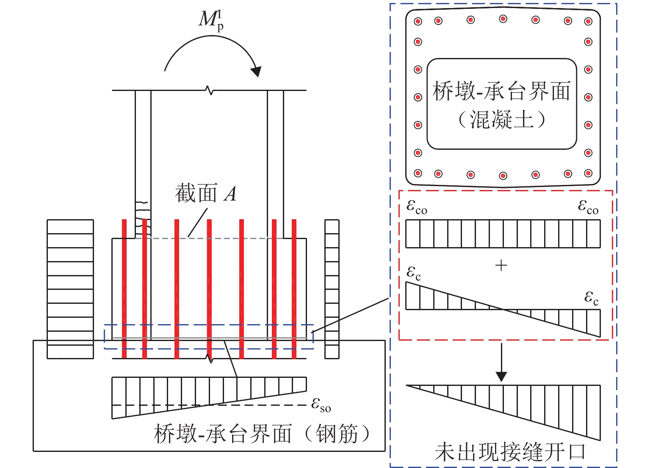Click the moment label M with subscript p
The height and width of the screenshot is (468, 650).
[x=211, y=20]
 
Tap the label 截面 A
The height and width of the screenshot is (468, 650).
[x=206, y=194]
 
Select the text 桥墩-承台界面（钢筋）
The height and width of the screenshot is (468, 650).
[x=262, y=434]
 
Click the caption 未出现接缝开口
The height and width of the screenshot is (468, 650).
[x=510, y=452]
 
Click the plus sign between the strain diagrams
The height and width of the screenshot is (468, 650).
[x=501, y=266]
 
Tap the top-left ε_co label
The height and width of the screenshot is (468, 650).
[x=417, y=207]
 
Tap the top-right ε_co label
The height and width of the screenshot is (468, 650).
[x=588, y=207]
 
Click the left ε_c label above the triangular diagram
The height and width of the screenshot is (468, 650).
[x=414, y=273]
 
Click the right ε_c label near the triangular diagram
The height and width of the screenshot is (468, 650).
[x=592, y=298]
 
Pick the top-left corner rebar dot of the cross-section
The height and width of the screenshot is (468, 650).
[x=418, y=21]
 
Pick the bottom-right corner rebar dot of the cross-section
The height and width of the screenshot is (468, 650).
[x=588, y=173]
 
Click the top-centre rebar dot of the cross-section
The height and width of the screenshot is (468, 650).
[x=503, y=19]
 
